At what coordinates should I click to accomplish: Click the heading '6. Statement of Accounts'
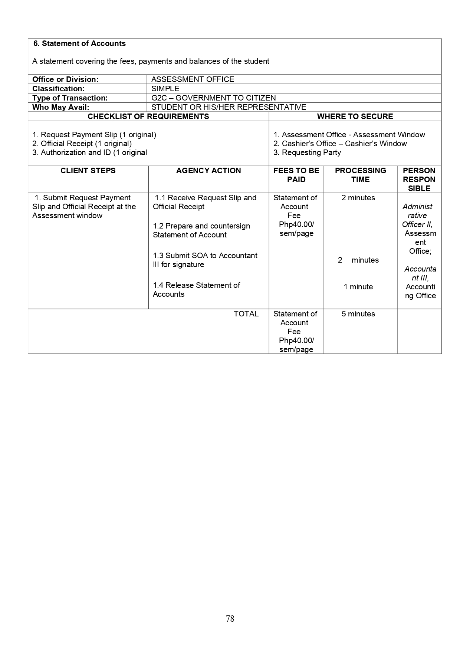(x=79, y=44)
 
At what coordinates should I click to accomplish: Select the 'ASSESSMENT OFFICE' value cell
(x=193, y=79)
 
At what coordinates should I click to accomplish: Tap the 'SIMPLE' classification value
(x=165, y=89)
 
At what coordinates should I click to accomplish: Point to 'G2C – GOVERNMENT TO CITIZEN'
(x=213, y=98)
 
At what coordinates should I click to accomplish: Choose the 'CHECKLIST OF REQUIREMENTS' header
(x=148, y=116)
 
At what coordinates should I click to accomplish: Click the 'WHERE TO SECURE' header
(x=355, y=116)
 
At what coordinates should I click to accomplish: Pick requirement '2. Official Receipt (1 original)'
(x=82, y=144)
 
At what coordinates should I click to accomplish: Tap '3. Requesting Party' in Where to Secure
(x=307, y=152)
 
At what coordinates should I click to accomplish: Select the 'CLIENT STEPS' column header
(x=88, y=171)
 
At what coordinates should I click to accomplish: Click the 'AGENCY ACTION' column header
(x=208, y=171)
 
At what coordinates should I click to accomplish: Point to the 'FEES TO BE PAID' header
(x=296, y=175)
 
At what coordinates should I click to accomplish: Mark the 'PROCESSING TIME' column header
(x=360, y=175)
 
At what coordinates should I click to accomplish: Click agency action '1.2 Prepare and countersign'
(x=201, y=226)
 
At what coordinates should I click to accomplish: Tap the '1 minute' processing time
(x=358, y=287)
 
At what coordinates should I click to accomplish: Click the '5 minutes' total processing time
(x=358, y=314)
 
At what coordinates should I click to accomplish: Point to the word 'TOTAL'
(x=246, y=314)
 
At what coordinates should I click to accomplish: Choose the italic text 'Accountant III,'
(x=420, y=273)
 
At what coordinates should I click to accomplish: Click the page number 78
(x=230, y=618)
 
